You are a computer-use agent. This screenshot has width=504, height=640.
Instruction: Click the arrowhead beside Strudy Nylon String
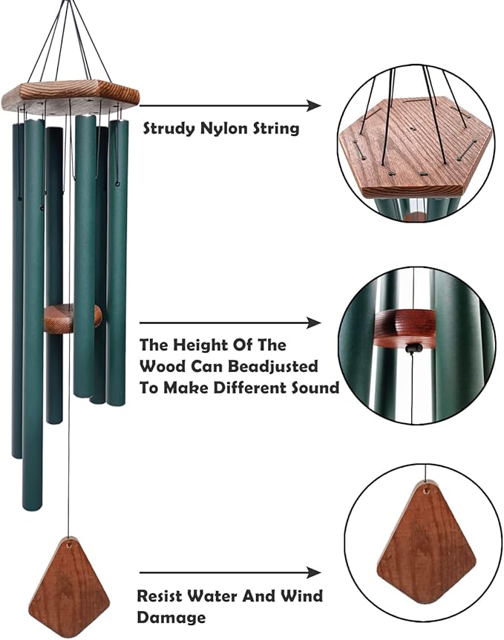tap(315, 106)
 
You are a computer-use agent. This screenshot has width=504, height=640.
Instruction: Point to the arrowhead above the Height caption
tap(315, 323)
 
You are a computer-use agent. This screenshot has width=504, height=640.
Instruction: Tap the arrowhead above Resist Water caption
tap(315, 572)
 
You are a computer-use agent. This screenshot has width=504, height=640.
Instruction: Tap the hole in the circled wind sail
tap(425, 490)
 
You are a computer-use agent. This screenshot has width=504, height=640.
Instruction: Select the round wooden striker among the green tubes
tap(71, 318)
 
